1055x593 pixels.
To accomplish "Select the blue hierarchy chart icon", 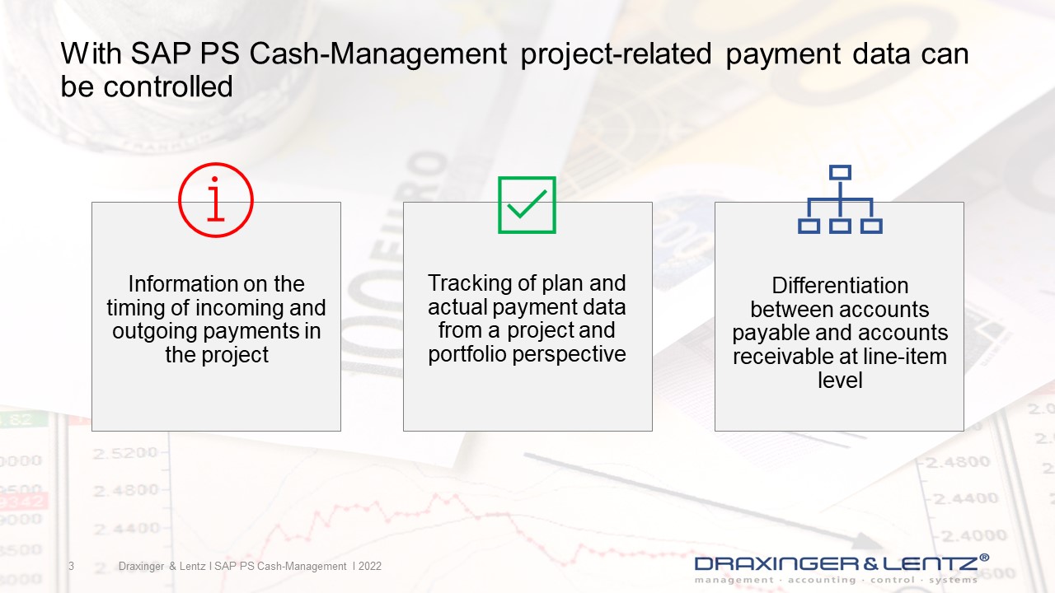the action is (840, 199).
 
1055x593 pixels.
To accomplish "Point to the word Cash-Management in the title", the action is (377, 54).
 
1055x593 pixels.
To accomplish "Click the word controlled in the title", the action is (168, 86).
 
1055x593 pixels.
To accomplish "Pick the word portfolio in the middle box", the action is (467, 354).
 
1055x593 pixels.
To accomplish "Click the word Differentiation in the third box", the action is (840, 286).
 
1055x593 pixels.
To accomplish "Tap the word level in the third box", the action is (840, 381).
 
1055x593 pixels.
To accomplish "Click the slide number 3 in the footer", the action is (71, 566).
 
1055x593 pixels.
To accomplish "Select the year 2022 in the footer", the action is (370, 566).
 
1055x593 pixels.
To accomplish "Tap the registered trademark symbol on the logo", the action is (984, 558).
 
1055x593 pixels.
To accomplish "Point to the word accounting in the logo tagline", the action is (822, 581).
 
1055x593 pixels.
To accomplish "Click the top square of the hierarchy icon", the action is (840, 173).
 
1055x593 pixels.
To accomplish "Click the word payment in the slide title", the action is (783, 55).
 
